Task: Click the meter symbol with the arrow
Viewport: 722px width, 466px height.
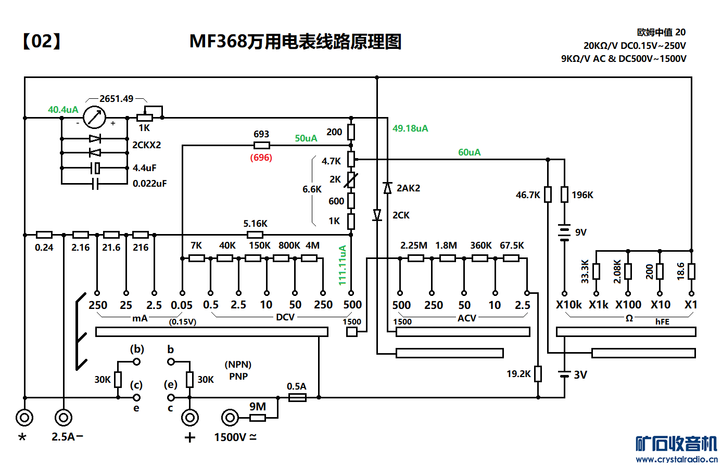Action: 94,118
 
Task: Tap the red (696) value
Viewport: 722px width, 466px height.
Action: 261,158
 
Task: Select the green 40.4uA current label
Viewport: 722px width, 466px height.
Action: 63,110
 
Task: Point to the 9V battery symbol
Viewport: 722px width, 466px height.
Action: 564,232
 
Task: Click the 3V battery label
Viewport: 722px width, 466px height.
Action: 580,375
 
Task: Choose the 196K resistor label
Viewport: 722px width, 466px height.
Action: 582,195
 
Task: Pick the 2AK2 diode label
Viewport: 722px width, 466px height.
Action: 408,188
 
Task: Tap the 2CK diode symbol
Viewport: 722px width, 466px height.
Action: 377,215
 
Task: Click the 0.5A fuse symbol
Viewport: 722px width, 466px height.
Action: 297,397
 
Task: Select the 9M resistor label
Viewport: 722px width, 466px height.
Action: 258,407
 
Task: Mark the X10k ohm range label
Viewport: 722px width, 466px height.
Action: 568,305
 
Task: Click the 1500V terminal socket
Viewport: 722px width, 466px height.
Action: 230,417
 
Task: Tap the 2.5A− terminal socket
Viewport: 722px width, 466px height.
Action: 64,417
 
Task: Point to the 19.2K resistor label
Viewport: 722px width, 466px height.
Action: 518,374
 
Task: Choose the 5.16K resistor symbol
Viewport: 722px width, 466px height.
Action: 255,235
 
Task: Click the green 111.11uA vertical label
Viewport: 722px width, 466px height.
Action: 343,265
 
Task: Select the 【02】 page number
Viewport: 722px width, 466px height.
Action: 42,41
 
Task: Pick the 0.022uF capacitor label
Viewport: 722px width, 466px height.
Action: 149,184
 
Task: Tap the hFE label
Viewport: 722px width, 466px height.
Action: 662,322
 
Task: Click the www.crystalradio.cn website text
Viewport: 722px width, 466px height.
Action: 676,459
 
